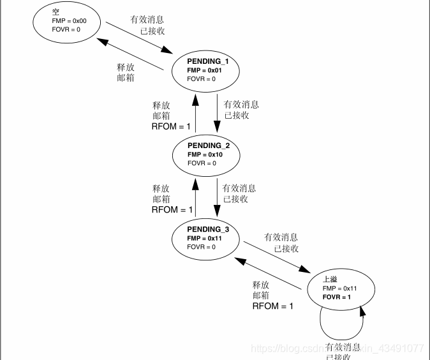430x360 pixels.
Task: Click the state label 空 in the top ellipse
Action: click(56, 12)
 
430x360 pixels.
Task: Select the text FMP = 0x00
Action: click(69, 21)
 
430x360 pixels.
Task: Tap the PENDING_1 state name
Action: click(208, 61)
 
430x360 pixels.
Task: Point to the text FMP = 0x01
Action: click(204, 70)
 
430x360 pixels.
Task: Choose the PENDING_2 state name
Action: click(208, 146)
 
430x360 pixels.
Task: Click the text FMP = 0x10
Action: click(204, 154)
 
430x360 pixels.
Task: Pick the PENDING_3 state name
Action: click(208, 230)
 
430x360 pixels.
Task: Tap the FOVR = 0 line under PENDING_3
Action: click(202, 247)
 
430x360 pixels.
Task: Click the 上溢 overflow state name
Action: click(330, 279)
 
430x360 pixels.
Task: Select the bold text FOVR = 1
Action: click(337, 297)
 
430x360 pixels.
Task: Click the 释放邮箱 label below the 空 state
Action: click(126, 72)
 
